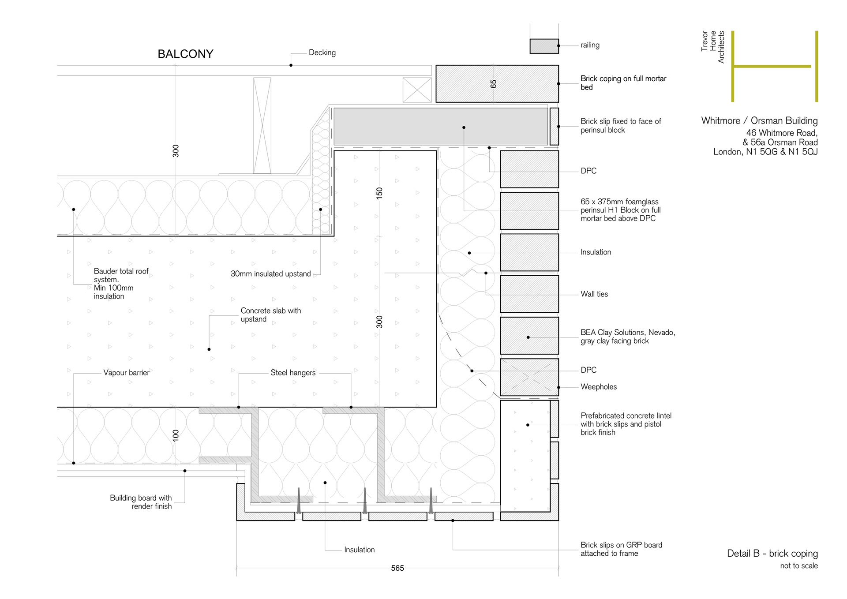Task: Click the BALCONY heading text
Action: pos(185,54)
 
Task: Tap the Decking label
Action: pos(322,52)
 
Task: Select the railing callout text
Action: pos(590,45)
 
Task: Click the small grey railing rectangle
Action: pos(544,46)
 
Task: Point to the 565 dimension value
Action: pos(397,568)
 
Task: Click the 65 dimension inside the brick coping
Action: pos(493,84)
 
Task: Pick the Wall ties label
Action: pos(594,294)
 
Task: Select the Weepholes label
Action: pos(599,387)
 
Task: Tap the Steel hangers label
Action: pos(293,373)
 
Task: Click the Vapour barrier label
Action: pos(126,373)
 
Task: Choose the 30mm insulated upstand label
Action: pos(270,274)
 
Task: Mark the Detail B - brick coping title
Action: pos(772,554)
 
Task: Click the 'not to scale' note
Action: pos(798,566)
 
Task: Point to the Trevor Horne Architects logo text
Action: pos(713,47)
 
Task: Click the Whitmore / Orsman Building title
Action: pos(759,121)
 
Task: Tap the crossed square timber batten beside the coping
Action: pos(417,90)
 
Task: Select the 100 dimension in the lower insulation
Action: pos(176,435)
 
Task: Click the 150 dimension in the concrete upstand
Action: pos(379,193)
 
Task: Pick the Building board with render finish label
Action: pos(141,502)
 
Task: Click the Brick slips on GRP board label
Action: pos(621,549)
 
